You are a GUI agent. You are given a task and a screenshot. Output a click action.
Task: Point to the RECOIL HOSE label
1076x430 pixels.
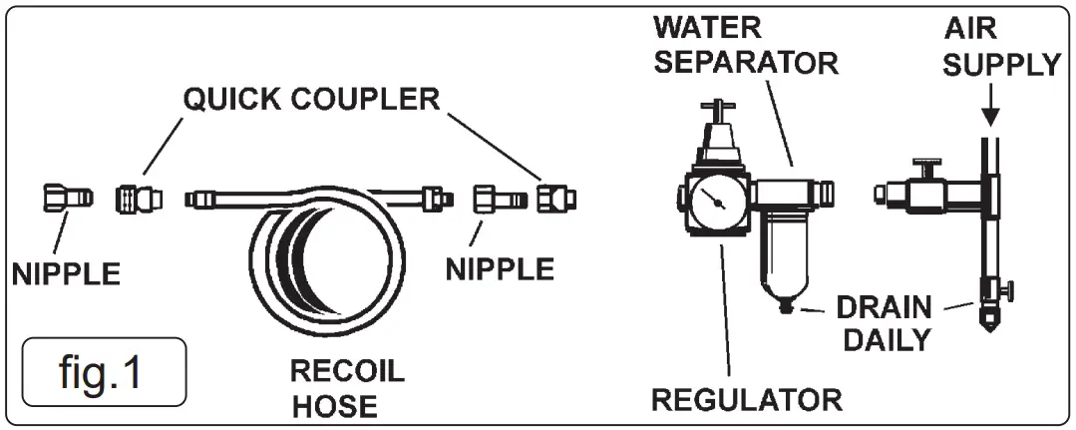tap(347, 388)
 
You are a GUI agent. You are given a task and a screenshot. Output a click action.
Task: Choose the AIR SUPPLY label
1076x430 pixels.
tap(1000, 49)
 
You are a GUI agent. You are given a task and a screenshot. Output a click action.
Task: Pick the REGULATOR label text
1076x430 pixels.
tap(746, 400)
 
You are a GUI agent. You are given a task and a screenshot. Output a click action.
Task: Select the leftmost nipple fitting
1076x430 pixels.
tap(68, 199)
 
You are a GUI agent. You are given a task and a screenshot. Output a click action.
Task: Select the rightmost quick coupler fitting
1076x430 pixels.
tap(549, 199)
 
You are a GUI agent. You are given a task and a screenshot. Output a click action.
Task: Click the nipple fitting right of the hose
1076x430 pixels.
tap(493, 199)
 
